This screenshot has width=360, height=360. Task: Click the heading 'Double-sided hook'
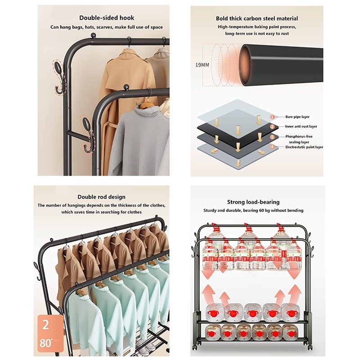pos(107,18)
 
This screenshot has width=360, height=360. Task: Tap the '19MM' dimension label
pos(202,65)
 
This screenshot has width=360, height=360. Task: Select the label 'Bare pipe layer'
pos(297,117)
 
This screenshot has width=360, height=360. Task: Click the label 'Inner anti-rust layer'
pos(301,126)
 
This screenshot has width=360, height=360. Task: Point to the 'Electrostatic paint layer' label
pos(304,147)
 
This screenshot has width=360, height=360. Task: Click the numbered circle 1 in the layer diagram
pos(273,117)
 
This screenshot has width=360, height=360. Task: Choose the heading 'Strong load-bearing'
pos(253,202)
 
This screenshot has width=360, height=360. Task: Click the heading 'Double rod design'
pos(102,197)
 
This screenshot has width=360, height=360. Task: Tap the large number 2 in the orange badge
pos(46,324)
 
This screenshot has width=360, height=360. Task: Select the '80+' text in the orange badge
pos(46,343)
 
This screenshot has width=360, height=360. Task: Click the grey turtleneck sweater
pos(139,140)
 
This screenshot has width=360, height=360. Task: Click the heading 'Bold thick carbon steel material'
pos(257,18)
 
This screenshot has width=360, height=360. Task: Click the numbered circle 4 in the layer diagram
pos(273,147)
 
